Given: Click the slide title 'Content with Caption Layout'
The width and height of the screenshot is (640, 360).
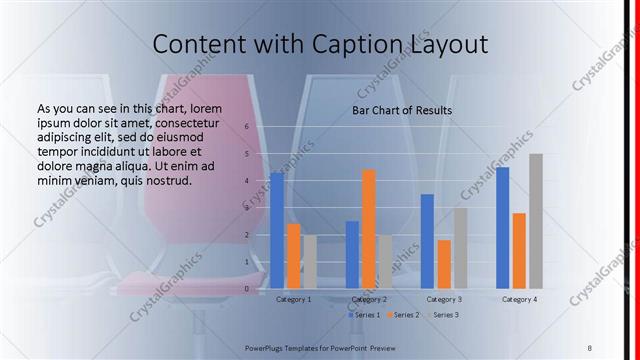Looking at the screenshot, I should point(320,44).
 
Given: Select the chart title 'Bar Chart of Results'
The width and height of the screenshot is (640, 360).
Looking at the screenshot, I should point(401,110).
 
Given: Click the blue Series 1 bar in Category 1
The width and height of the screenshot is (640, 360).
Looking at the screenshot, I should point(277,231).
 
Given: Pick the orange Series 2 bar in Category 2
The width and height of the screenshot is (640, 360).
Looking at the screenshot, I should point(369,229).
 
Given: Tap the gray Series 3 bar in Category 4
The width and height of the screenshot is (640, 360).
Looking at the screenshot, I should point(536,221).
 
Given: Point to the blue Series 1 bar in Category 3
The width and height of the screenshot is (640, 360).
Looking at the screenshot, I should point(427,241).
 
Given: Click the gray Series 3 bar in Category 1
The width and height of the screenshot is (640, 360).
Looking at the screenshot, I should point(310,262).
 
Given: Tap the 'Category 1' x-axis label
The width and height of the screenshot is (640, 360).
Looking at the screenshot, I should point(293,299).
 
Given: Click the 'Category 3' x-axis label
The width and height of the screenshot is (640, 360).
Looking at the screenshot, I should point(443,299).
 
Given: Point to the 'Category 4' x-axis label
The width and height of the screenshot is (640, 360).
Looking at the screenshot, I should point(519,299).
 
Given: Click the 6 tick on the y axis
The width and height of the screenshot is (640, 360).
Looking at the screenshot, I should point(247,127).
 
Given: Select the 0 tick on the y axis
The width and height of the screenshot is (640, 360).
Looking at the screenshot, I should point(247,289).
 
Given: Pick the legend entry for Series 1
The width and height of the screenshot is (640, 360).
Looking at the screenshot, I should point(364,315).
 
